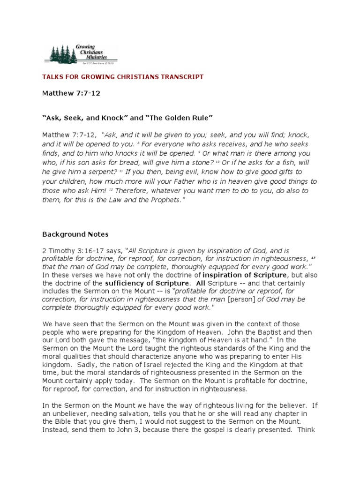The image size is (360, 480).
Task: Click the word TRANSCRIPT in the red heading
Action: click(180, 76)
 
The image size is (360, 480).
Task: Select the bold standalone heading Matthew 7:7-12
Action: click(71, 93)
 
